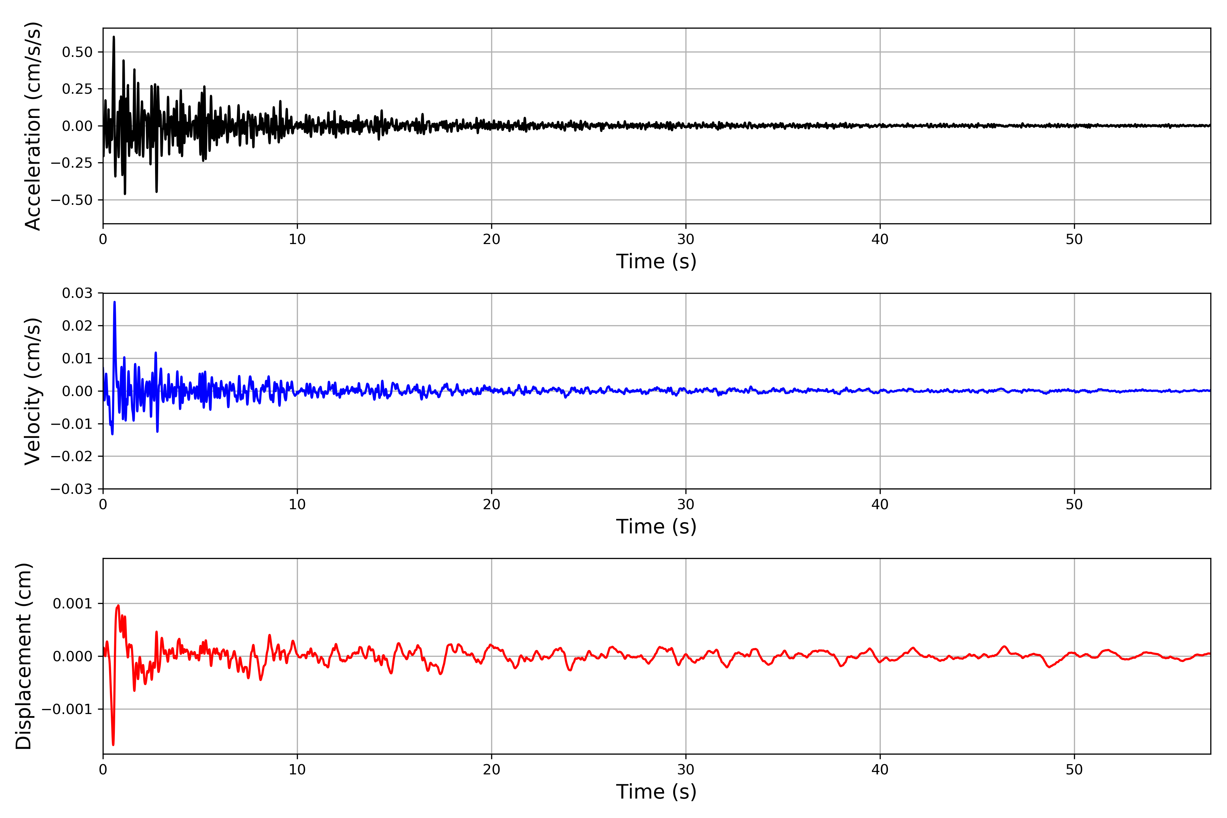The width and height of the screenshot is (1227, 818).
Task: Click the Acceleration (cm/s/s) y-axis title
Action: click(32, 126)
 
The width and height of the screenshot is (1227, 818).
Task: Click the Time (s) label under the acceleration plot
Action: click(656, 261)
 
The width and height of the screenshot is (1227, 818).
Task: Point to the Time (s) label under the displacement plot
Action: click(656, 791)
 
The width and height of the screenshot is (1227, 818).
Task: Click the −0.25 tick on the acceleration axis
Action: click(72, 163)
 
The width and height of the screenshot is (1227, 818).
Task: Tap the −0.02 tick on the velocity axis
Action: click(72, 456)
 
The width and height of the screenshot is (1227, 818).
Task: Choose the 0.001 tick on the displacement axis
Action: click(72, 604)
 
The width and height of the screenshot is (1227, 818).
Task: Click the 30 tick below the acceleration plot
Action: click(685, 240)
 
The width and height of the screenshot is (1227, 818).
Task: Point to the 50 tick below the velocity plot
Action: click(1074, 504)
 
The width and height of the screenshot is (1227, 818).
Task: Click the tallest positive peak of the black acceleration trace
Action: click(114, 37)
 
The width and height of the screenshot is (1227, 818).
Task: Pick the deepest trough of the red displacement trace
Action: click(113, 744)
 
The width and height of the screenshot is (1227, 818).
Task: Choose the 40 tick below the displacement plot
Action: click(880, 770)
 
